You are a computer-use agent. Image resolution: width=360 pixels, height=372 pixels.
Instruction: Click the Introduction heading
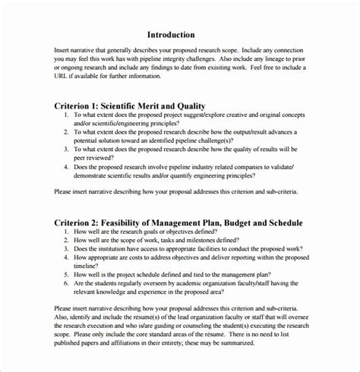(x=171, y=34)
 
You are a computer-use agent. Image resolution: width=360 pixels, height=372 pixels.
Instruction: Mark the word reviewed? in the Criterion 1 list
(x=101, y=156)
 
